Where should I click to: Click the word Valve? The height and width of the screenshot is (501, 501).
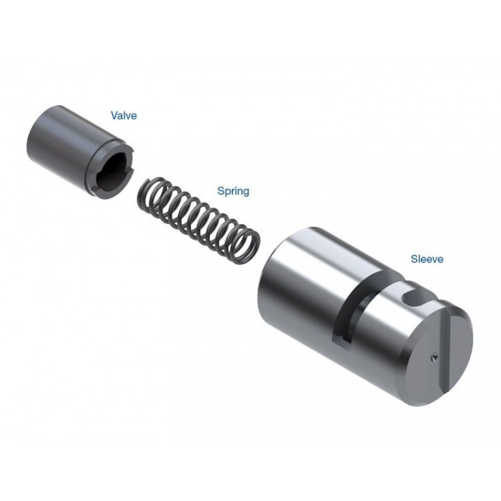point(124,115)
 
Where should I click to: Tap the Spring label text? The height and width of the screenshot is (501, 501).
point(233,191)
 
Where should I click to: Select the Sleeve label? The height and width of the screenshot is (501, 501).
point(427,259)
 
